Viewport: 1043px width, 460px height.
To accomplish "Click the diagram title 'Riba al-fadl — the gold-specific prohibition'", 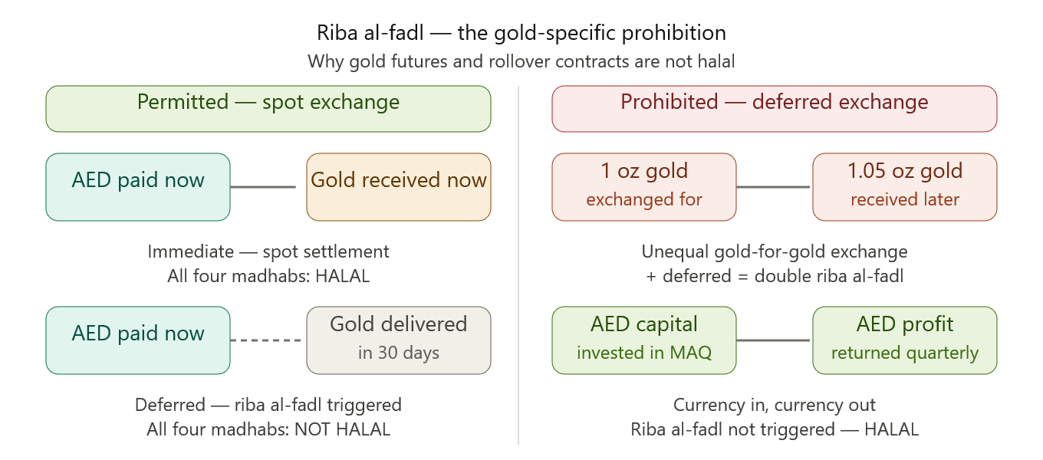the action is click(x=521, y=33).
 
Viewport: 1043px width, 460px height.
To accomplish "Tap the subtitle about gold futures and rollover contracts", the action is click(x=521, y=61).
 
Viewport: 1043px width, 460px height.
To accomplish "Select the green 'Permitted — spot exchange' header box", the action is click(x=268, y=109).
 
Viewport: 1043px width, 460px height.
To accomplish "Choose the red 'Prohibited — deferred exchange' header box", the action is click(x=775, y=109).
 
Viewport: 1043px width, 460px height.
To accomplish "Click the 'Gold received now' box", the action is click(x=399, y=187).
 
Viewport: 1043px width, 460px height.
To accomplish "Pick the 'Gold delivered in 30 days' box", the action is click(x=399, y=340).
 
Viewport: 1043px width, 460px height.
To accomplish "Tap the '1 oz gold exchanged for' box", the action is click(x=644, y=187).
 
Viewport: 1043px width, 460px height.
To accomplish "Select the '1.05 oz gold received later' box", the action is click(x=905, y=187).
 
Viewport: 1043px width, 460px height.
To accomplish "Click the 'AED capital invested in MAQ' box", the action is click(x=644, y=340).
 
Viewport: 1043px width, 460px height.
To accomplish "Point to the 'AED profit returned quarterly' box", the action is click(x=905, y=340).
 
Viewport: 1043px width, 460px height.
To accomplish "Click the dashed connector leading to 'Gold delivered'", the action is click(x=266, y=340).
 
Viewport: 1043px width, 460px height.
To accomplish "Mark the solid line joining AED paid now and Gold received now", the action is click(x=263, y=187).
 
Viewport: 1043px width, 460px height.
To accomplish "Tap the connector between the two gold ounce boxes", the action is click(x=773, y=187).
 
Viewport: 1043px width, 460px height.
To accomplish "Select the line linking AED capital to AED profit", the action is click(x=773, y=340).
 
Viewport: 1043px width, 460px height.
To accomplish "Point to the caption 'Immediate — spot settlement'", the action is click(x=268, y=252).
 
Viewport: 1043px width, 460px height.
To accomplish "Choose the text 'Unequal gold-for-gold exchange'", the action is click(x=775, y=252).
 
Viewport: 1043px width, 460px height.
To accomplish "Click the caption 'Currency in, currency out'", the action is click(x=775, y=405).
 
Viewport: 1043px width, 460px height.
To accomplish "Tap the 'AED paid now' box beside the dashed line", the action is click(x=138, y=340).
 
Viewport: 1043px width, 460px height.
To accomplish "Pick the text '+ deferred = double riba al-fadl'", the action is click(x=775, y=276).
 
